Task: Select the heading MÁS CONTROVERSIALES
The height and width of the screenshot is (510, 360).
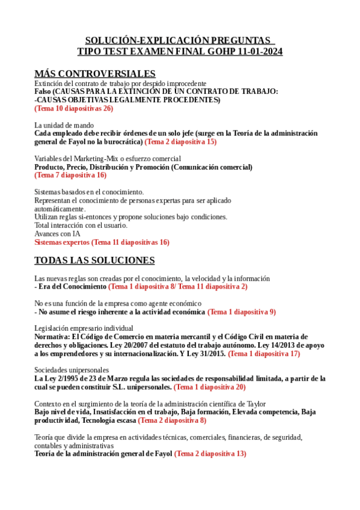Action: point(95,73)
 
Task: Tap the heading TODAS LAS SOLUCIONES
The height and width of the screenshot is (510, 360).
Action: point(94,260)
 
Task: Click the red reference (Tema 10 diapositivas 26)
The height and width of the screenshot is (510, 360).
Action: point(73,109)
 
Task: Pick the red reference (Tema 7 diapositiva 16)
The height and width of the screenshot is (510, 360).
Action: point(70,175)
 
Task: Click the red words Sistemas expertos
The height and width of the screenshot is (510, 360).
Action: point(62,242)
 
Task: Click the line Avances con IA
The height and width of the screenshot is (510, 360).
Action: point(57,234)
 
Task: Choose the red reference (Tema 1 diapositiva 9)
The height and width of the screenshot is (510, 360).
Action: point(242,312)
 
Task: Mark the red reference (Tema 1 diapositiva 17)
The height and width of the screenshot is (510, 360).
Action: point(264,354)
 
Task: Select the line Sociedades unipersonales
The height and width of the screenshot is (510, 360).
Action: point(72,370)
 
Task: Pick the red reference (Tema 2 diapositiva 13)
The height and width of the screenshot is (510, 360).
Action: point(210,453)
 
